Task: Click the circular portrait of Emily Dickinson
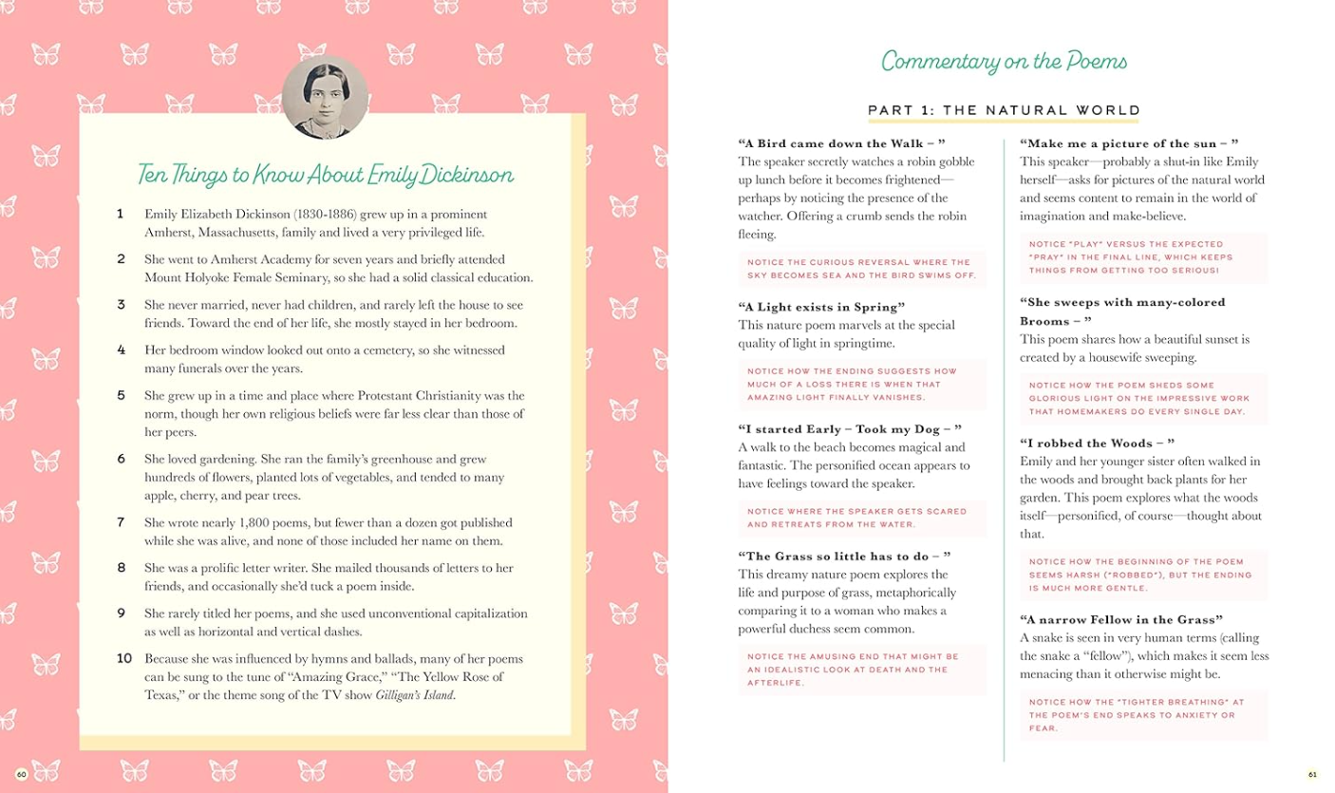[325, 97]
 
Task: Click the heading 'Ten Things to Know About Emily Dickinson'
[325, 175]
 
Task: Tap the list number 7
[122, 522]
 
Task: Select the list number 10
[124, 658]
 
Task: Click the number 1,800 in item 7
[258, 522]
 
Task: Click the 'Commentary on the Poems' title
[1004, 63]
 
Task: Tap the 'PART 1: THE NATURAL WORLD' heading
[1004, 110]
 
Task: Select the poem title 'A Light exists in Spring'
[821, 307]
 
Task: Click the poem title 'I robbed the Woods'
[1097, 443]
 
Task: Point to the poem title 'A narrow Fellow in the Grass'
[1121, 619]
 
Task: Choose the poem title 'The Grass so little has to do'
[844, 556]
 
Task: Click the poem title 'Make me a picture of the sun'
[1129, 143]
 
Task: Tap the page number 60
[22, 775]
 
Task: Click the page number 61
[1312, 775]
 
